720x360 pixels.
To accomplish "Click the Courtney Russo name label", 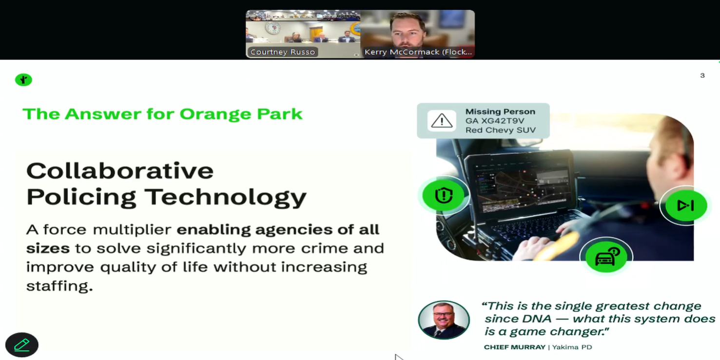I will [x=282, y=52].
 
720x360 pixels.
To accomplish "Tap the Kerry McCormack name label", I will [x=418, y=52].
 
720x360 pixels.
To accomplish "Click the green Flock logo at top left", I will [x=23, y=79].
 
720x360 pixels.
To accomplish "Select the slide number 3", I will [x=702, y=76].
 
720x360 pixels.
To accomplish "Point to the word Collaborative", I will [x=120, y=171].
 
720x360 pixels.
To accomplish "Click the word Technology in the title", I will [x=225, y=197].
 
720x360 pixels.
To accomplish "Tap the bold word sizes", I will [x=48, y=248].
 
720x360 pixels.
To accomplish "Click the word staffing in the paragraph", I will [x=59, y=286].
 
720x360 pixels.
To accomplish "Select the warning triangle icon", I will [x=442, y=121].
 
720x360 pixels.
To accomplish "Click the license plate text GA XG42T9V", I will [x=495, y=121].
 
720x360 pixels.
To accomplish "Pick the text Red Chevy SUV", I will [x=500, y=131].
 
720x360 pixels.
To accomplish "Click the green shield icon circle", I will [x=443, y=195].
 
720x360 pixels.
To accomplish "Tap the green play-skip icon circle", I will [x=685, y=205].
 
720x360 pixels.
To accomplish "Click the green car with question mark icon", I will [x=606, y=256].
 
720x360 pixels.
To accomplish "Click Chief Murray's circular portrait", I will [x=444, y=320].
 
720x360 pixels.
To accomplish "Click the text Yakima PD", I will [x=572, y=347].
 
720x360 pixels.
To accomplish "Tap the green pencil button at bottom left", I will [x=22, y=345].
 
